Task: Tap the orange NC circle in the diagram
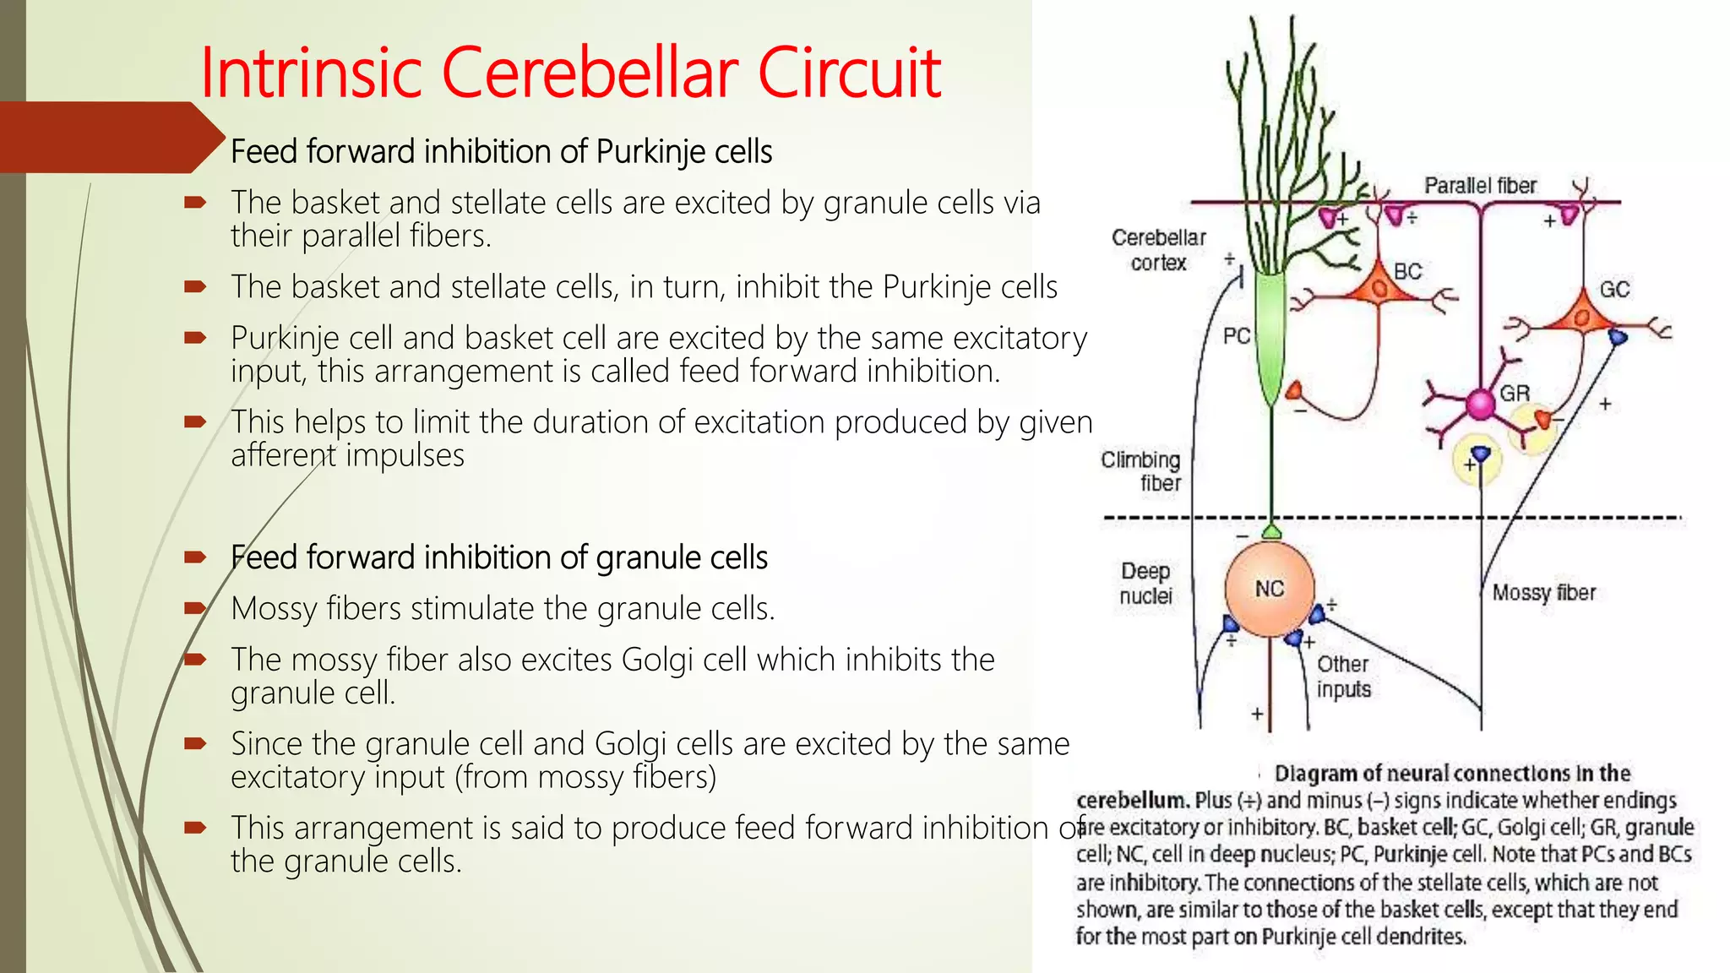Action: pyautogui.click(x=1269, y=589)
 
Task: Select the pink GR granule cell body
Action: pyautogui.click(x=1480, y=405)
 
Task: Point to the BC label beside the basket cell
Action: pyautogui.click(x=1407, y=272)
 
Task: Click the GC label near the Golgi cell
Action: pyautogui.click(x=1613, y=290)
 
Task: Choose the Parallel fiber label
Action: pyautogui.click(x=1480, y=186)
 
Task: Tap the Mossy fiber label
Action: pyautogui.click(x=1543, y=593)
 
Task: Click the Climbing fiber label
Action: pyautogui.click(x=1141, y=471)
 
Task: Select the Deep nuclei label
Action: pyautogui.click(x=1145, y=584)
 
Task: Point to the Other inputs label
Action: pyautogui.click(x=1343, y=677)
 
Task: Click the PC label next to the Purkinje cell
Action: pyautogui.click(x=1236, y=336)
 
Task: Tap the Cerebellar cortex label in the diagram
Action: pyautogui.click(x=1158, y=250)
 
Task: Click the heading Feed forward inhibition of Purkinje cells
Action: pyautogui.click(x=501, y=152)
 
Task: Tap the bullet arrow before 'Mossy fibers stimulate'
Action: pyautogui.click(x=195, y=608)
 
